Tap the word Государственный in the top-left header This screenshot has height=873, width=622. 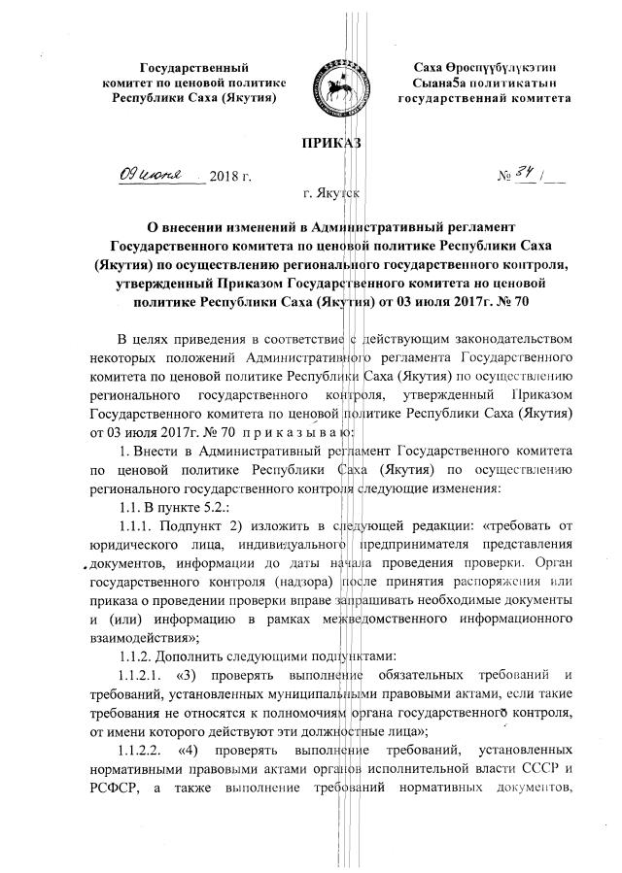(194, 68)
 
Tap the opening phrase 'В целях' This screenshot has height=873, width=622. (143, 337)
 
